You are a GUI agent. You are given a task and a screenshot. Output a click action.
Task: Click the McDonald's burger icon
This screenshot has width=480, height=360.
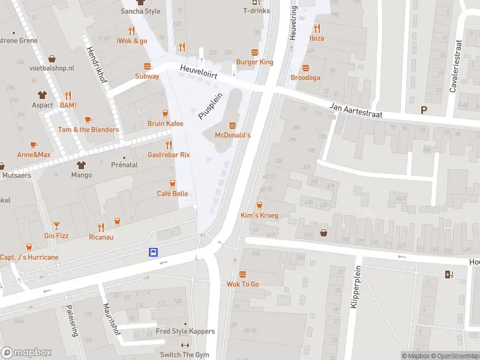pyautogui.click(x=233, y=125)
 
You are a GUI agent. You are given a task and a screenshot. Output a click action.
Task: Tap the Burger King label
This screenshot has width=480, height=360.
pyautogui.click(x=254, y=62)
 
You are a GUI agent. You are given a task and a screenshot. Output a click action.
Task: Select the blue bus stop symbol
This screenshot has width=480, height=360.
pyautogui.click(x=154, y=253)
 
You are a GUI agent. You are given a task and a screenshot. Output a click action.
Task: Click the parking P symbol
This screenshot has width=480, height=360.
pyautogui.click(x=424, y=110)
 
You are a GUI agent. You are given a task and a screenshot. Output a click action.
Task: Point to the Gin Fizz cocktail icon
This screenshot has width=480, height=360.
pyautogui.click(x=56, y=225)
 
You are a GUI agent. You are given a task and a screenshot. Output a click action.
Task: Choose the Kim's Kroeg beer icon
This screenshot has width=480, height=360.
pyautogui.click(x=259, y=205)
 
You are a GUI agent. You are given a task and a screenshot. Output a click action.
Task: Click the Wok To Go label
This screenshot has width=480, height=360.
pyautogui.click(x=242, y=284)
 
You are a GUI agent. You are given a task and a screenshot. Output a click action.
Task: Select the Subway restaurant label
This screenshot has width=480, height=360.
pyautogui.click(x=147, y=76)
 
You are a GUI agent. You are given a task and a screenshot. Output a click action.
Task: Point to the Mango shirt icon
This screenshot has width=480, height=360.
pyautogui.click(x=82, y=164)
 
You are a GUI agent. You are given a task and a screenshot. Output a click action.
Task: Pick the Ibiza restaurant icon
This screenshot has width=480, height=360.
pyautogui.click(x=317, y=28)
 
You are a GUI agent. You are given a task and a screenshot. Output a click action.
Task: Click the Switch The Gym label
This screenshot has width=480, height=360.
pyautogui.click(x=185, y=355)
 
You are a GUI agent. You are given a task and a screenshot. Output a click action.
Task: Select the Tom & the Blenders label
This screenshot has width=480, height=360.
pyautogui.click(x=88, y=130)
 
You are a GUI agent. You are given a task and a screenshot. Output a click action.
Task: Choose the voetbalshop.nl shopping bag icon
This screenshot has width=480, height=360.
pyautogui.click(x=52, y=58)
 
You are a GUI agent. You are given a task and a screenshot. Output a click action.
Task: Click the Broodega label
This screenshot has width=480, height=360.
pyautogui.click(x=305, y=77)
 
